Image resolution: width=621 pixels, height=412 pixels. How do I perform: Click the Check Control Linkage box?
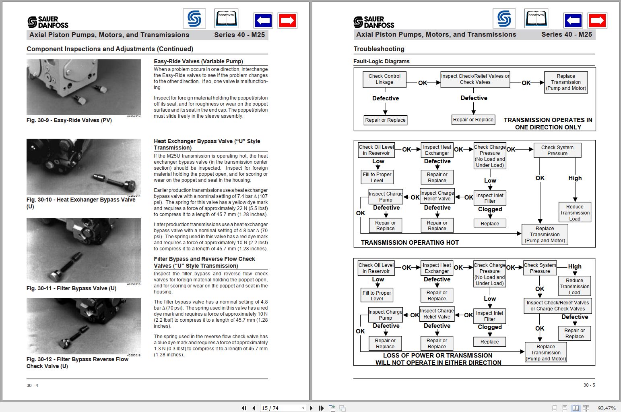point(384,79)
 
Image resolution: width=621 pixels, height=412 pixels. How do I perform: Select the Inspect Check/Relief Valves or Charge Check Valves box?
point(557,306)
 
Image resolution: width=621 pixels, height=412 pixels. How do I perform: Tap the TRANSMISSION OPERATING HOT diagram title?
point(409,243)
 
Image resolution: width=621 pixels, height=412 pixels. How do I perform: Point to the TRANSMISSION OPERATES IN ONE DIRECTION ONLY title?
point(548,123)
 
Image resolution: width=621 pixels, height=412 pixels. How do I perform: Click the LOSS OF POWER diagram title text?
point(438,359)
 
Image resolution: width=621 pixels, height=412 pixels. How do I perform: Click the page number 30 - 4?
point(32,385)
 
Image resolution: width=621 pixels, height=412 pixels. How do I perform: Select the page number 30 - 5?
point(589,385)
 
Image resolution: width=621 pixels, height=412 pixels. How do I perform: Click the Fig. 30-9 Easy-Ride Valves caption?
point(69,120)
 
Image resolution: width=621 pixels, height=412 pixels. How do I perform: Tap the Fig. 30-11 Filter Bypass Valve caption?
point(71,288)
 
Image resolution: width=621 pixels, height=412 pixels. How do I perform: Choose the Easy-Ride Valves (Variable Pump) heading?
point(198,61)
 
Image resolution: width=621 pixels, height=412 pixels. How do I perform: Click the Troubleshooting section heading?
point(379,49)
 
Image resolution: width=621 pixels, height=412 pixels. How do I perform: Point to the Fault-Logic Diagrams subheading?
point(381,61)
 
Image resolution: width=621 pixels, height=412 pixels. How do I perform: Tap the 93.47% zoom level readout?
point(606,408)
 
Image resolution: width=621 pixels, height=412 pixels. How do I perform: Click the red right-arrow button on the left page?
point(287,20)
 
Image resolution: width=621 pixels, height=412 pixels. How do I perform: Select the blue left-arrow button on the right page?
point(573,20)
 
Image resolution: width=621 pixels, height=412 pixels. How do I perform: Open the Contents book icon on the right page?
point(536,19)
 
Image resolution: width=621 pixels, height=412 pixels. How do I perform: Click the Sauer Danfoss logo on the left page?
point(47,22)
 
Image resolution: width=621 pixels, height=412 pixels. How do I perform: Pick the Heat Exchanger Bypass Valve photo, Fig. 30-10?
point(84,167)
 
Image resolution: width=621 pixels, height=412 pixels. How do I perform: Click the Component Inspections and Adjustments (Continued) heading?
point(110,49)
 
